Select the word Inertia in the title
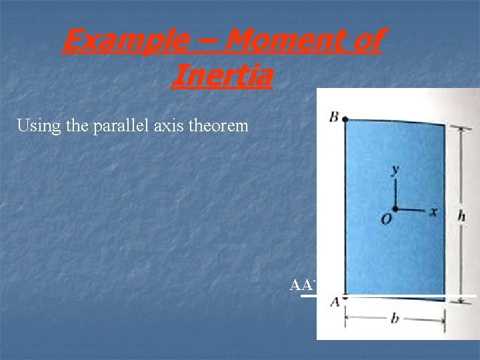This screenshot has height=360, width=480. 221,75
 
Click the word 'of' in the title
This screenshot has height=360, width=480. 364,41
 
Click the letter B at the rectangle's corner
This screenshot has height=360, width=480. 333,118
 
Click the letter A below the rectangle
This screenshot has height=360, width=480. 334,302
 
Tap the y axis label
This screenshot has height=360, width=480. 395,170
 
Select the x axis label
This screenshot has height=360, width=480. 433,211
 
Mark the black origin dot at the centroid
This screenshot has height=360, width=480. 395,209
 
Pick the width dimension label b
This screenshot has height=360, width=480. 395,319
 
